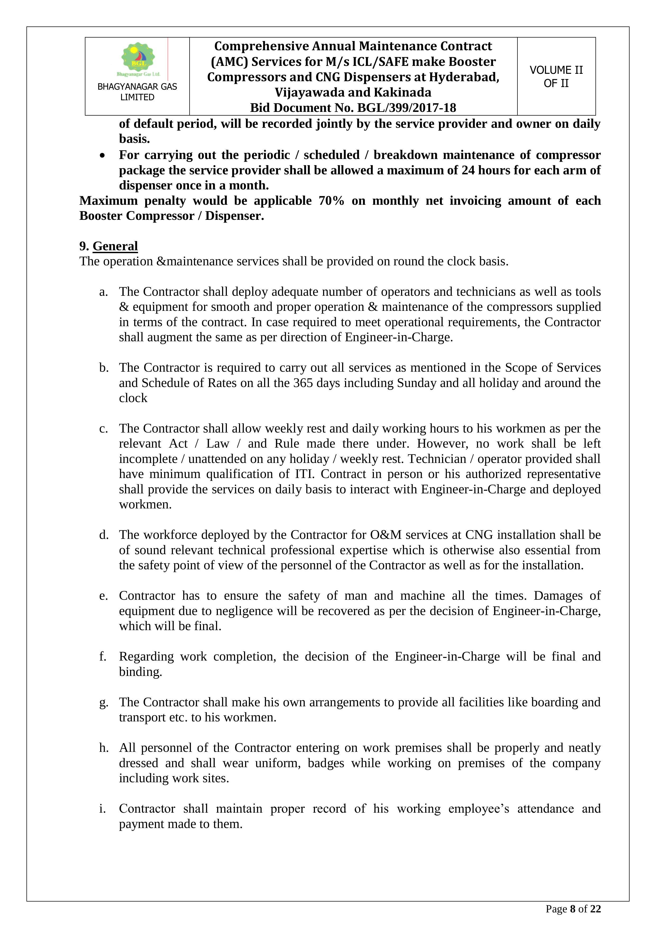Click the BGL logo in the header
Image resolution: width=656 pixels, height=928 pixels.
point(138,59)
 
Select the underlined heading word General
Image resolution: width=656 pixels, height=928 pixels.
point(115,246)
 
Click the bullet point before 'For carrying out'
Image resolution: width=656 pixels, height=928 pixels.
point(103,156)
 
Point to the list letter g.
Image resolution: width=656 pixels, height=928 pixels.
point(103,702)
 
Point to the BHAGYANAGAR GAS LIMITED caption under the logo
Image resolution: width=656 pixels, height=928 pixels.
point(137,92)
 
